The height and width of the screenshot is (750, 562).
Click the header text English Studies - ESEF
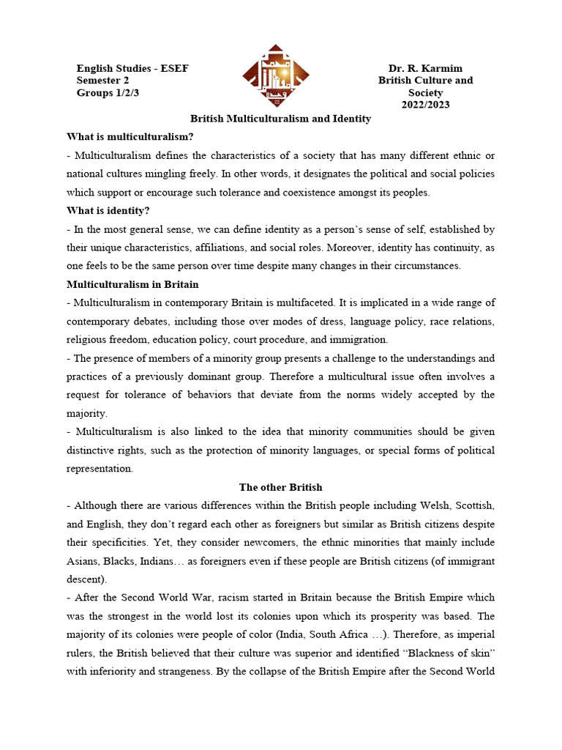pyautogui.click(x=132, y=68)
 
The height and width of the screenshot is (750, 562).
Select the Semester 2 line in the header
pyautogui.click(x=108, y=81)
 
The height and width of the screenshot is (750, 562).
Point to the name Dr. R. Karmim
pyautogui.click(x=425, y=68)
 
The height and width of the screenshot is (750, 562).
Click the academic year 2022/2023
pyautogui.click(x=425, y=105)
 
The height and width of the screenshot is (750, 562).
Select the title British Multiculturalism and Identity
pyautogui.click(x=281, y=118)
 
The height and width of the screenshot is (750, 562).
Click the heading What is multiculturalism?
pyautogui.click(x=130, y=136)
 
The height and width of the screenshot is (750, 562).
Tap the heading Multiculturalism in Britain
pyautogui.click(x=132, y=284)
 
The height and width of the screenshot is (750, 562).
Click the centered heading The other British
pyautogui.click(x=281, y=487)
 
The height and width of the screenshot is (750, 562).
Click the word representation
pyautogui.click(x=100, y=469)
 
